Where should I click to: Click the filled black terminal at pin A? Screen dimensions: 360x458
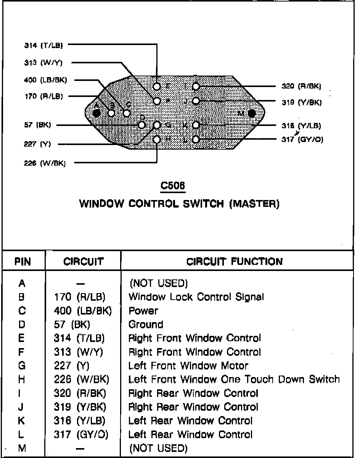point(96,113)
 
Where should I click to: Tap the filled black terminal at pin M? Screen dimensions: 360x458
point(252,113)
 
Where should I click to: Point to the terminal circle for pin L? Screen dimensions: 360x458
point(196,139)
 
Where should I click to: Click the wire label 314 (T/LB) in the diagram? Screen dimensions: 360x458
point(42,45)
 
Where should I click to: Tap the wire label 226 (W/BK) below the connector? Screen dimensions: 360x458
point(45,163)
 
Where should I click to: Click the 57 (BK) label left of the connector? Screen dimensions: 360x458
point(38,125)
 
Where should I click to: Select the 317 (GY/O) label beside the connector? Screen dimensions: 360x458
point(302,140)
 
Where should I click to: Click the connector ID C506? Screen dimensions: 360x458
point(173,186)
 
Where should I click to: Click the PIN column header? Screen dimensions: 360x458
point(23,261)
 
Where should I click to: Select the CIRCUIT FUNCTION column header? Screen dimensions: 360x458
point(235,261)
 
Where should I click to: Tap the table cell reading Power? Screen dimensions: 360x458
point(143,311)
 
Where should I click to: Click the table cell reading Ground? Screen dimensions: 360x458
point(146,324)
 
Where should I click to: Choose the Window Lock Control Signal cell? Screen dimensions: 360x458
point(196,297)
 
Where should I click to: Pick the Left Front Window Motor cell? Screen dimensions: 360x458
point(188,366)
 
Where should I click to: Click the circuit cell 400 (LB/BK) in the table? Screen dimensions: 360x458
point(83,311)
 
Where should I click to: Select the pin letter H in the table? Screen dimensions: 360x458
point(22,379)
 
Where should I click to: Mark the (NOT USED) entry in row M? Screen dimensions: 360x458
point(158,448)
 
